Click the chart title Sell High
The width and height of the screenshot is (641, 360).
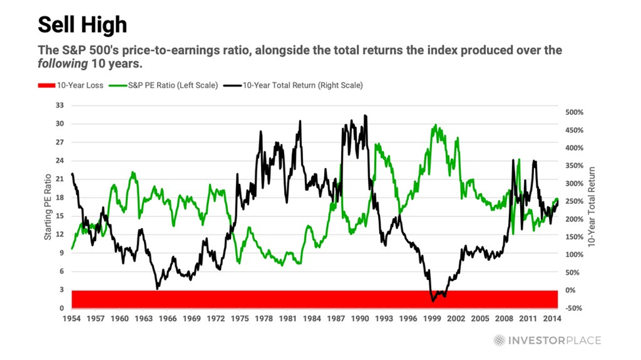click(x=82, y=25)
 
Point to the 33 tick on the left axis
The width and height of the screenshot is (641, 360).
click(x=60, y=105)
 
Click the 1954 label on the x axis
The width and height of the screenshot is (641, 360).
click(x=72, y=318)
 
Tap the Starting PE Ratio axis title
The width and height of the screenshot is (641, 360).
click(x=48, y=207)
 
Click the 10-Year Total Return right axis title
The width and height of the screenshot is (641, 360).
click(x=593, y=207)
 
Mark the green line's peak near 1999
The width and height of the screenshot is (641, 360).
click(x=435, y=125)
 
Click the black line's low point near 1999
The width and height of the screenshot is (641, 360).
click(x=433, y=301)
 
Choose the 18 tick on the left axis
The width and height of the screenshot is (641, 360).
click(x=60, y=197)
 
